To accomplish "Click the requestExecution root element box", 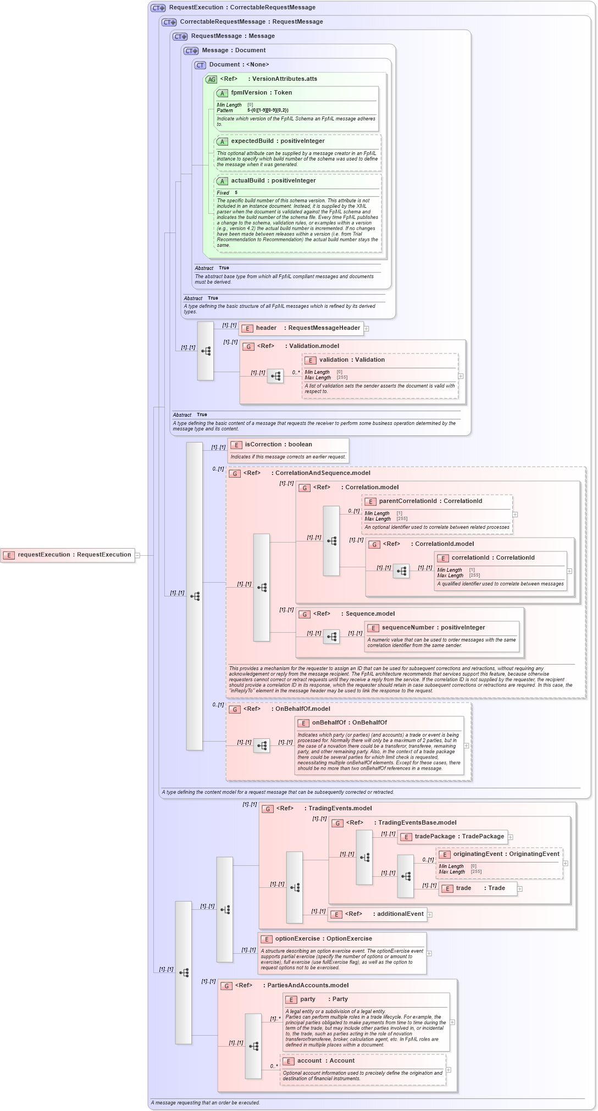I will pos(69,555).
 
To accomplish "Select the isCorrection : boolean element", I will pos(278,445).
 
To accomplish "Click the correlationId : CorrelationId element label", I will pos(493,558).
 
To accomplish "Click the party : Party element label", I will pos(324,999).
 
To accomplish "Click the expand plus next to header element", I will pos(367,329).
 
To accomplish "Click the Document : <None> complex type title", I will pos(239,65).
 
